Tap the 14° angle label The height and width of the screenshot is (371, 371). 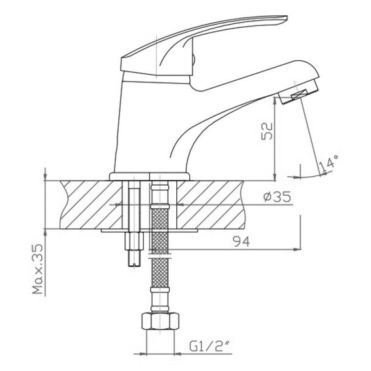coord(329,163)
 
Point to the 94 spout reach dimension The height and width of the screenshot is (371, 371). coord(242,242)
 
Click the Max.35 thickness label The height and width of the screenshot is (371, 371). coord(38,269)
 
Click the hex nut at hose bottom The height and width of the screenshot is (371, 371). coord(160,321)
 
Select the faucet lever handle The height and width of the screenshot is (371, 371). coord(204,45)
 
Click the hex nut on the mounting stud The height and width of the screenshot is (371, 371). coord(134,241)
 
